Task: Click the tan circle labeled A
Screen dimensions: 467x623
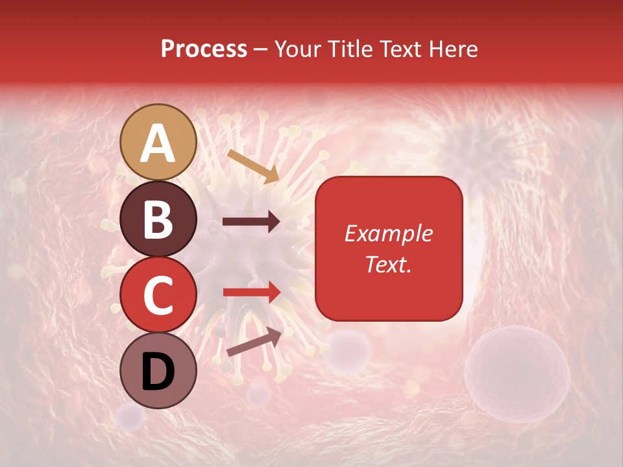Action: [x=158, y=142]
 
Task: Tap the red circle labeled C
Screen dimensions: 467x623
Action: [x=158, y=295]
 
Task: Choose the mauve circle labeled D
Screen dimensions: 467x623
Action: [x=158, y=371]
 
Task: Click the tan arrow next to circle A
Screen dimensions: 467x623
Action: [x=253, y=166]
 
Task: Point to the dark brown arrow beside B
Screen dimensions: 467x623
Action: [x=251, y=222]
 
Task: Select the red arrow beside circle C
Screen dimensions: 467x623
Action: [x=251, y=292]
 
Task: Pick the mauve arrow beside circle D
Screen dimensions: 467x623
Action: [x=254, y=342]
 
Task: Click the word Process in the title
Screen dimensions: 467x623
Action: [x=204, y=49]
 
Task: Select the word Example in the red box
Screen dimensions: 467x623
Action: [x=388, y=233]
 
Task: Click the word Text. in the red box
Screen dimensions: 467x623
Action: [x=388, y=264]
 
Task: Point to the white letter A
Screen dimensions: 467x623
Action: [x=158, y=143]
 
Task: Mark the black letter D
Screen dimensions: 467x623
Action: [x=158, y=372]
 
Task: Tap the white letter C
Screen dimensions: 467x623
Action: [x=158, y=296]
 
